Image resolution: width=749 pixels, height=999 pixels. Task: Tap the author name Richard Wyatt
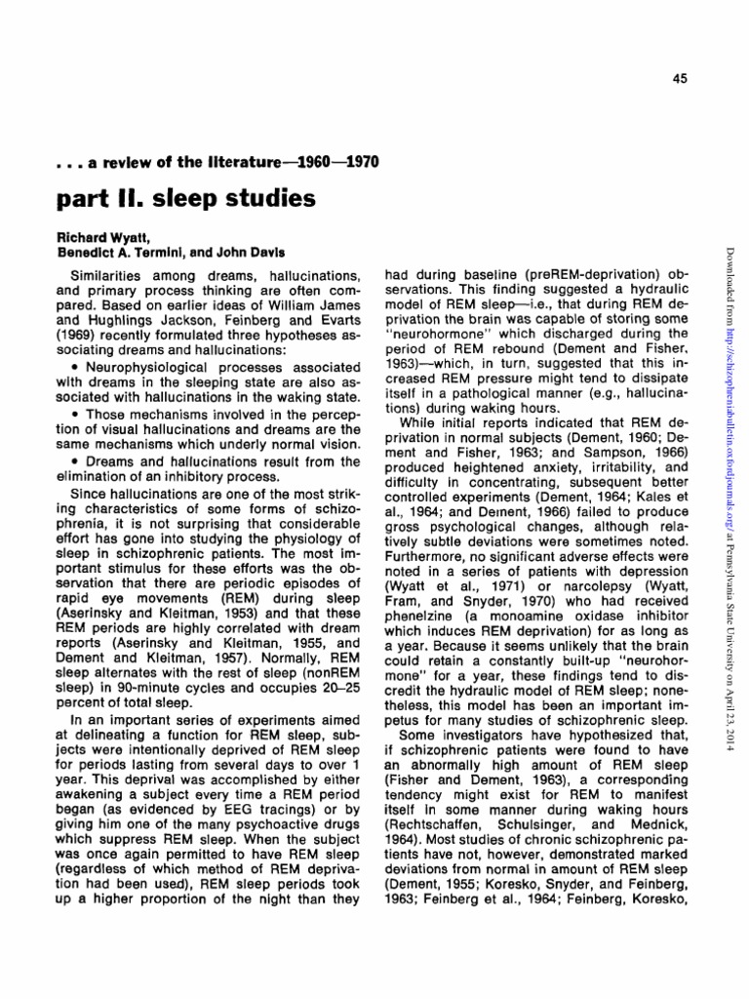[94, 237]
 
